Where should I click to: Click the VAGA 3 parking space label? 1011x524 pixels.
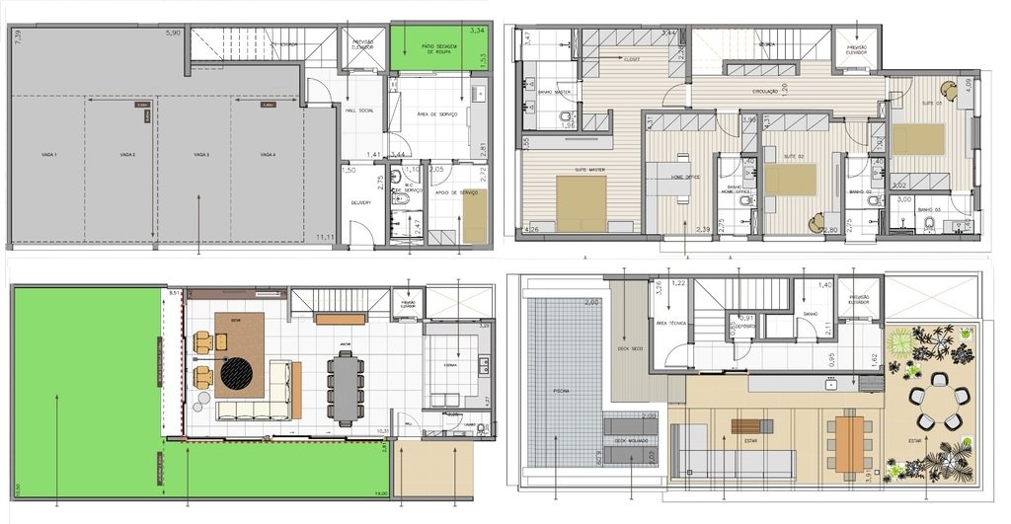click(x=201, y=155)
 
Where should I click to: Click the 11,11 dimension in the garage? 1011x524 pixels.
click(x=323, y=238)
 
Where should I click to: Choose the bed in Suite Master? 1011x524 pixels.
click(x=581, y=203)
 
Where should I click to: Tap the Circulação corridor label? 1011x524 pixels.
click(x=765, y=91)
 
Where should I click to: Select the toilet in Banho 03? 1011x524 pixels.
click(x=929, y=224)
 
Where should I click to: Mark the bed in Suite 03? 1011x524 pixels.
click(x=917, y=139)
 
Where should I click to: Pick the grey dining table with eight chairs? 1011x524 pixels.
click(x=345, y=388)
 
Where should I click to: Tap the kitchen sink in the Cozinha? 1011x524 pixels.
click(x=483, y=365)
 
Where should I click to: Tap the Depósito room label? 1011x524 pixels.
click(x=747, y=327)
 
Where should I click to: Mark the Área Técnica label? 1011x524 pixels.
click(x=669, y=323)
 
